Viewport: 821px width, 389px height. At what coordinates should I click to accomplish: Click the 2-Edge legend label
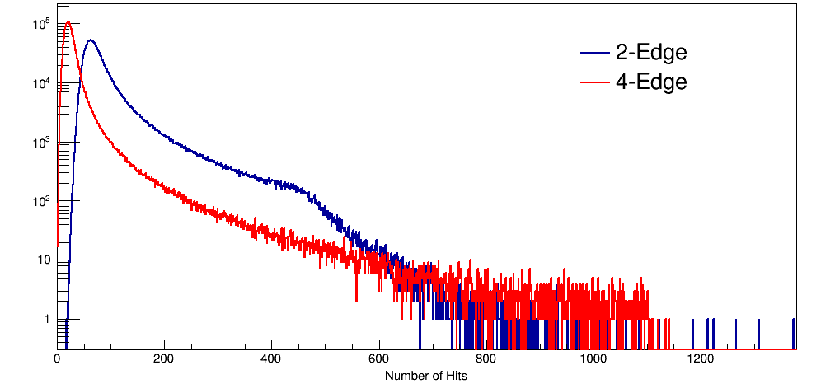coord(651,53)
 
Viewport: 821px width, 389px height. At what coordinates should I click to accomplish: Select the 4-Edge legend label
coord(651,82)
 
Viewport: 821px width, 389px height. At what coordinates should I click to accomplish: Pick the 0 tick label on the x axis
coord(57,359)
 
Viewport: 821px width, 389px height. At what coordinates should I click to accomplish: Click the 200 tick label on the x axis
coord(164,359)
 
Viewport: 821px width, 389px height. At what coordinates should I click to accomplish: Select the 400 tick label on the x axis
coord(271,359)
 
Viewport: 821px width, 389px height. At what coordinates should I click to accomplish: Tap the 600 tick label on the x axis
coord(379,359)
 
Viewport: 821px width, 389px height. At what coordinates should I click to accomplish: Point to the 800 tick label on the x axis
coord(486,359)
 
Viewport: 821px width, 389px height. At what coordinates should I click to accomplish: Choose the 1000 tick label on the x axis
coord(593,359)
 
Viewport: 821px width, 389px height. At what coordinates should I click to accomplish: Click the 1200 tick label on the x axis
coord(701,359)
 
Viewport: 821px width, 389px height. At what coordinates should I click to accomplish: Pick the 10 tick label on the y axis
coord(43,260)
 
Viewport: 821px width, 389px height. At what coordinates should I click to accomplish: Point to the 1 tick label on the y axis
coord(46,319)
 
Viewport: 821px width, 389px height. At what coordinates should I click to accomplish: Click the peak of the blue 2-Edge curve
coord(90,40)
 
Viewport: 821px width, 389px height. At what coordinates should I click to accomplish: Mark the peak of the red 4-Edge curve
coord(68,22)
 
